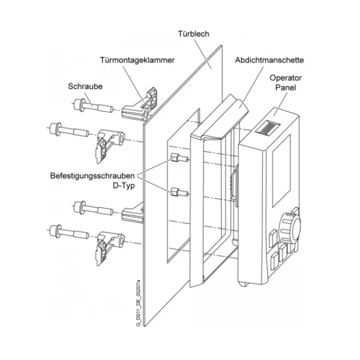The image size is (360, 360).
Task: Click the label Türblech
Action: (x=194, y=34)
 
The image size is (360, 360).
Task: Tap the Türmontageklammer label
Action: (x=137, y=60)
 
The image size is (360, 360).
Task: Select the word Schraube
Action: (x=85, y=86)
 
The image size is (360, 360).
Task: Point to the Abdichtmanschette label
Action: (x=269, y=60)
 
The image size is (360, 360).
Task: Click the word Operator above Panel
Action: (x=286, y=78)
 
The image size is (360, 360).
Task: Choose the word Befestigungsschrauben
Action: (x=92, y=176)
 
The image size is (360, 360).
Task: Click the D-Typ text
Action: (x=124, y=186)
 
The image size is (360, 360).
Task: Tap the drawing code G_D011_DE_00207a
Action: (x=138, y=303)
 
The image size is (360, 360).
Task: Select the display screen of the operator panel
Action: (x=281, y=171)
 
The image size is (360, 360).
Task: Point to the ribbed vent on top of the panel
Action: (x=268, y=128)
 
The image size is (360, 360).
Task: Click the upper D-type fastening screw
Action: (x=179, y=158)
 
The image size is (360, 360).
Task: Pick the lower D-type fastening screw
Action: (x=179, y=192)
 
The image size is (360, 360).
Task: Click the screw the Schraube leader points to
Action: (x=93, y=106)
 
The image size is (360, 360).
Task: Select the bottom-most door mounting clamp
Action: (x=110, y=248)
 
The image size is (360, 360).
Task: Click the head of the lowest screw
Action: (x=56, y=231)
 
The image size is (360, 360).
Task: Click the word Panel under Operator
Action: (x=286, y=88)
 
